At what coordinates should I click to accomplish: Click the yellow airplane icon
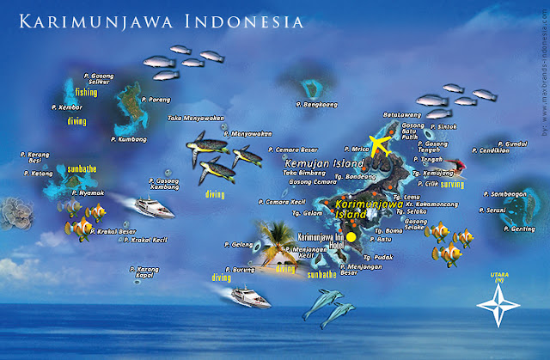click(377, 144)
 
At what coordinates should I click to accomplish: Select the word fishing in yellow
click(86, 91)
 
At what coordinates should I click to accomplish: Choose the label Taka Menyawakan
click(195, 118)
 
